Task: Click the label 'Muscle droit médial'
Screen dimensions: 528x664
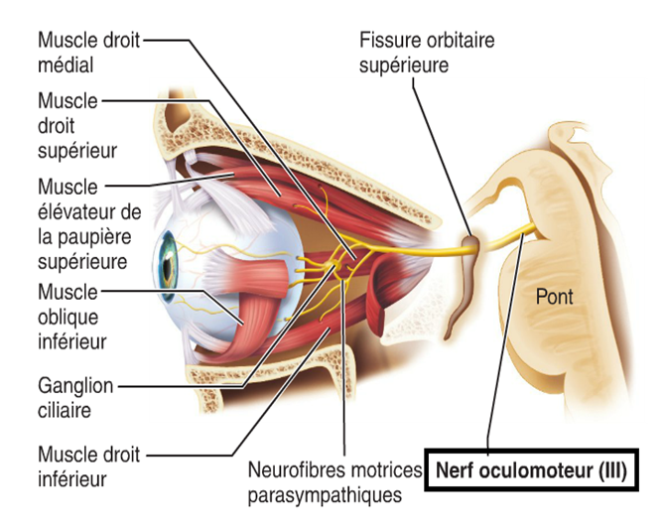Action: point(88,52)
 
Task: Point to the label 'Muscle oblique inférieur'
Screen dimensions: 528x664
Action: point(72,316)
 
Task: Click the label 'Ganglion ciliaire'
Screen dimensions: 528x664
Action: point(74,396)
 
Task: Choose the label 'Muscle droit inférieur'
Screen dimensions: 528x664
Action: point(87,466)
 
